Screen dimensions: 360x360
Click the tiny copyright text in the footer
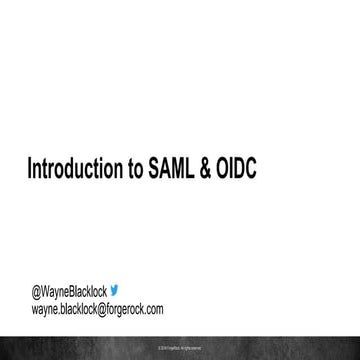point(180,350)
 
